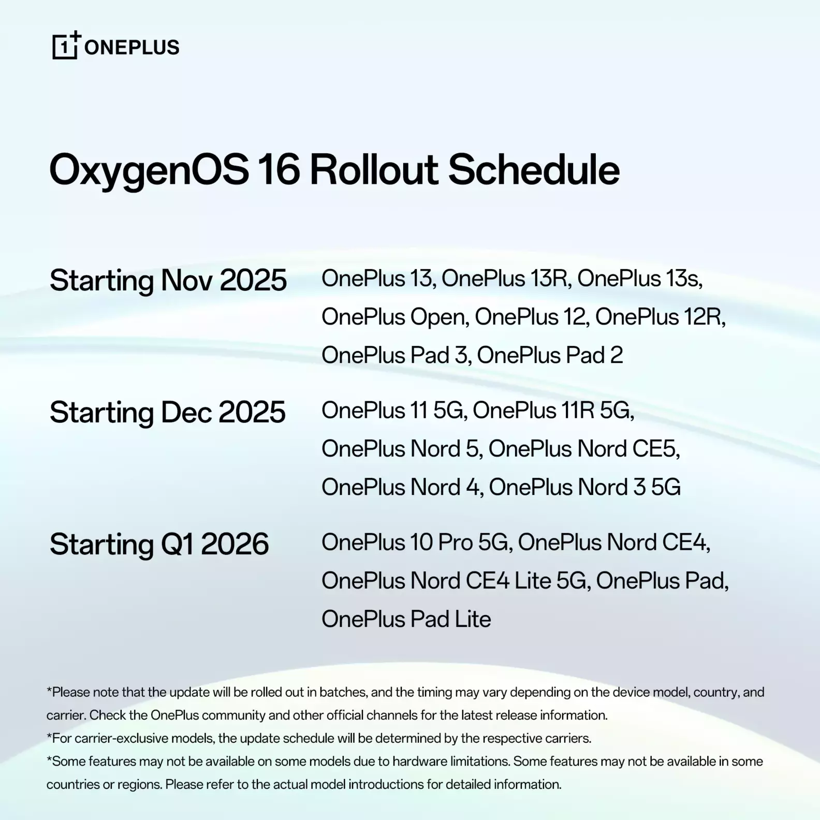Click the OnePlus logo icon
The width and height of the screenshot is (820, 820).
[x=67, y=45]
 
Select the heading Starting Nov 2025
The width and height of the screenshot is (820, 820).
[x=168, y=281]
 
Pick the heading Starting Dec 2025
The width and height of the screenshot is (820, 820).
[x=167, y=413]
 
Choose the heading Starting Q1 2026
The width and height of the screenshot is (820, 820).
[x=159, y=545]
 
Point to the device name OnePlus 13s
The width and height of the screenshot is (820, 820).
[x=640, y=279]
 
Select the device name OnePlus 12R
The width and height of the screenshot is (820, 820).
[x=660, y=317]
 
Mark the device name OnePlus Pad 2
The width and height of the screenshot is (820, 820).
[x=550, y=355]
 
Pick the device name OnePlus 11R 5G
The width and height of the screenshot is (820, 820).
[x=553, y=411]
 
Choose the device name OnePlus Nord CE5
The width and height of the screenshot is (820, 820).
[x=584, y=449]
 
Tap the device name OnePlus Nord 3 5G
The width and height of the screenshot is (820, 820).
[x=584, y=487]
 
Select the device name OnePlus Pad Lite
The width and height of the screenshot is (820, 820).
[x=406, y=619]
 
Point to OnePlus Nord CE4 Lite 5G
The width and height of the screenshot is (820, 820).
[x=456, y=581]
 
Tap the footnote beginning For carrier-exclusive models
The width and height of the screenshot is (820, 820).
[x=319, y=738]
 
